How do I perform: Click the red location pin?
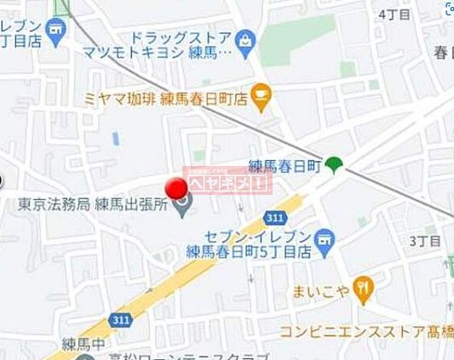[175, 188]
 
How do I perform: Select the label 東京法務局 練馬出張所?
[93, 205]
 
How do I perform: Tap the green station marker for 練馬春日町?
[333, 166]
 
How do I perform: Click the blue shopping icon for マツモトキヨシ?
[246, 39]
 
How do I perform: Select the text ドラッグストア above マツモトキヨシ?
[180, 37]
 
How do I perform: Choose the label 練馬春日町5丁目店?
[248, 251]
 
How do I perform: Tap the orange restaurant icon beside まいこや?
[364, 291]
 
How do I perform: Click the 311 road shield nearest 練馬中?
[121, 317]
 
